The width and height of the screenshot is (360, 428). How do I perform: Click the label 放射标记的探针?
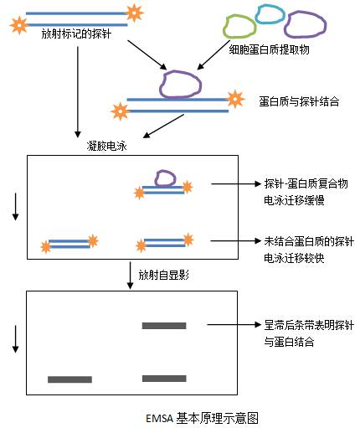(x=76, y=34)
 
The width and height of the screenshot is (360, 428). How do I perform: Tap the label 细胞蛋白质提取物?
(x=269, y=49)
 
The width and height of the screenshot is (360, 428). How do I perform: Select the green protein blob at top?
(x=239, y=27)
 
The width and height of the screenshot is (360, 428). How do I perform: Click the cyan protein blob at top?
(x=270, y=14)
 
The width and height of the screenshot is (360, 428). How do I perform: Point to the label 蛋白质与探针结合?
(x=299, y=101)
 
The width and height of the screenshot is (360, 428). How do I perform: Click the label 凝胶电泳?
(x=107, y=146)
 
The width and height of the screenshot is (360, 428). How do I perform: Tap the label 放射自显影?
(x=164, y=276)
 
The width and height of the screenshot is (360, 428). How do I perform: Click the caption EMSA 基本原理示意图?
(x=202, y=418)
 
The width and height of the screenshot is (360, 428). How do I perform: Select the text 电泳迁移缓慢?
(x=294, y=200)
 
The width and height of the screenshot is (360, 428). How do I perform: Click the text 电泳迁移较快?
(x=294, y=258)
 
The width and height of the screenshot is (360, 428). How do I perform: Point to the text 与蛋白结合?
(x=289, y=342)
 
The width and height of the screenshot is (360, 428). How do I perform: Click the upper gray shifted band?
(x=164, y=326)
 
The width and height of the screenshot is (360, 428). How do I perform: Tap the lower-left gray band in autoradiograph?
(x=69, y=379)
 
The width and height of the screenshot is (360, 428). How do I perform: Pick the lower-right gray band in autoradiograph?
(x=164, y=379)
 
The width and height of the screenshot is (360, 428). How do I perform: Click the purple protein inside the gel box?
(x=166, y=178)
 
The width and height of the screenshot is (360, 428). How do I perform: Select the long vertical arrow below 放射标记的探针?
(x=78, y=92)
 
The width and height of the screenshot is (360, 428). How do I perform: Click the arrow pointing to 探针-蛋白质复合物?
(x=236, y=183)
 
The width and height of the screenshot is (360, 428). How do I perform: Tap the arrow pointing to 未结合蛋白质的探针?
(x=236, y=240)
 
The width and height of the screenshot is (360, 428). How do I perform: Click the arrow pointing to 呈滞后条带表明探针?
(x=234, y=324)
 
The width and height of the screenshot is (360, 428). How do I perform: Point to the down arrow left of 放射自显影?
(x=130, y=276)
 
